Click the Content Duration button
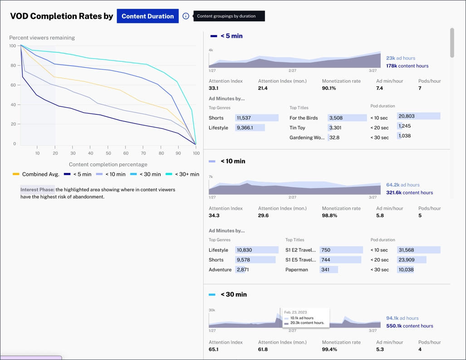(147, 16)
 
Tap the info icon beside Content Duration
(186, 16)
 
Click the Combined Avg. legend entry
(36, 174)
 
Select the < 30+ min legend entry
(182, 174)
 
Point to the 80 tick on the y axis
(13, 65)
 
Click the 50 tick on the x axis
(108, 153)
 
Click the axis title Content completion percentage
(108, 164)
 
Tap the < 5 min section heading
(231, 36)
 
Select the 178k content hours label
(407, 66)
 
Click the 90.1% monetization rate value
(329, 88)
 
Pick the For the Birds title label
(304, 118)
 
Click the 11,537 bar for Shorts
(256, 118)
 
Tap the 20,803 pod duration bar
(418, 116)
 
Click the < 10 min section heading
(233, 161)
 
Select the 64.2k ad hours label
(403, 185)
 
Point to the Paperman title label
(296, 270)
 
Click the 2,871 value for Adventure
(243, 270)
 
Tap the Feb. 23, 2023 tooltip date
(295, 312)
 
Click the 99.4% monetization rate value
(329, 350)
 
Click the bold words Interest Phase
(37, 190)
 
